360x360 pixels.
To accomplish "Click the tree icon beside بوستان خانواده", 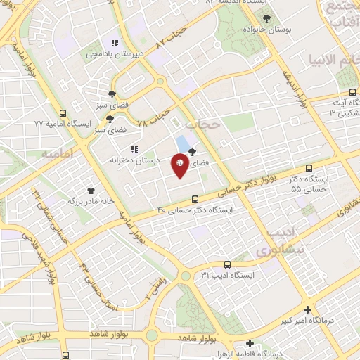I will pos(264,19).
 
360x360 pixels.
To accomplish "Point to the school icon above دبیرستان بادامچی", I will pos(115,42).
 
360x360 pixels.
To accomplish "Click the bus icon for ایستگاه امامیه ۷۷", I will pos(63,112).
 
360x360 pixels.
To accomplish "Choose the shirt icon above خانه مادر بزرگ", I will pos(90,190).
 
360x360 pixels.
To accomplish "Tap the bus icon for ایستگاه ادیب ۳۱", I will pos(226,264).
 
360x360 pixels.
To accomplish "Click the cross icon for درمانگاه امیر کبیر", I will pos(307,309).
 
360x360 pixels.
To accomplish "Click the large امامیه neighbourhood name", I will pos(58,153).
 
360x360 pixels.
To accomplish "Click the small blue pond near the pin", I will pos(183,143).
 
